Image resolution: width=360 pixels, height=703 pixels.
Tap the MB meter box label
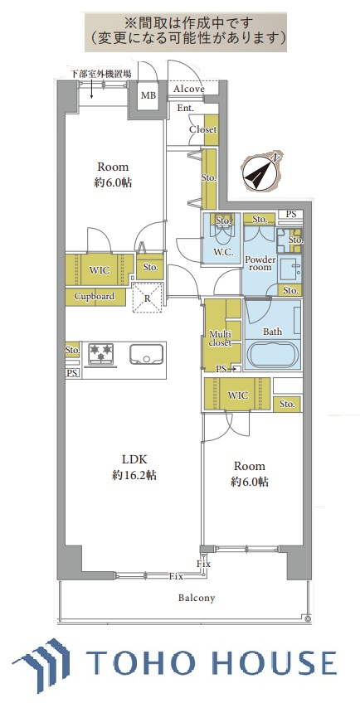point(148,95)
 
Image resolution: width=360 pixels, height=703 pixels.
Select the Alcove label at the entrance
point(189,89)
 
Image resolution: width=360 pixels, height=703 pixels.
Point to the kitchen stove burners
point(101,352)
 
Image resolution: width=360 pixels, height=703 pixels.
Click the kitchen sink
point(146,353)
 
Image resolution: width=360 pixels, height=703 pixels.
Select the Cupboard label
point(95,296)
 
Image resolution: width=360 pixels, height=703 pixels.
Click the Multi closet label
point(221,338)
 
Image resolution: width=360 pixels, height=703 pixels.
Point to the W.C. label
point(222,252)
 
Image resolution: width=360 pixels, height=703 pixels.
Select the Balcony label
point(197,598)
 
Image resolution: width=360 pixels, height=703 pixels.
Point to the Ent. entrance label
point(185,108)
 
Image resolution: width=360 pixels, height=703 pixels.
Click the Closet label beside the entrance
point(202,129)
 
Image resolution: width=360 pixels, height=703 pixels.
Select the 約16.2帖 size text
point(134,476)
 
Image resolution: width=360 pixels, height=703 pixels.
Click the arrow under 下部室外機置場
point(92,90)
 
